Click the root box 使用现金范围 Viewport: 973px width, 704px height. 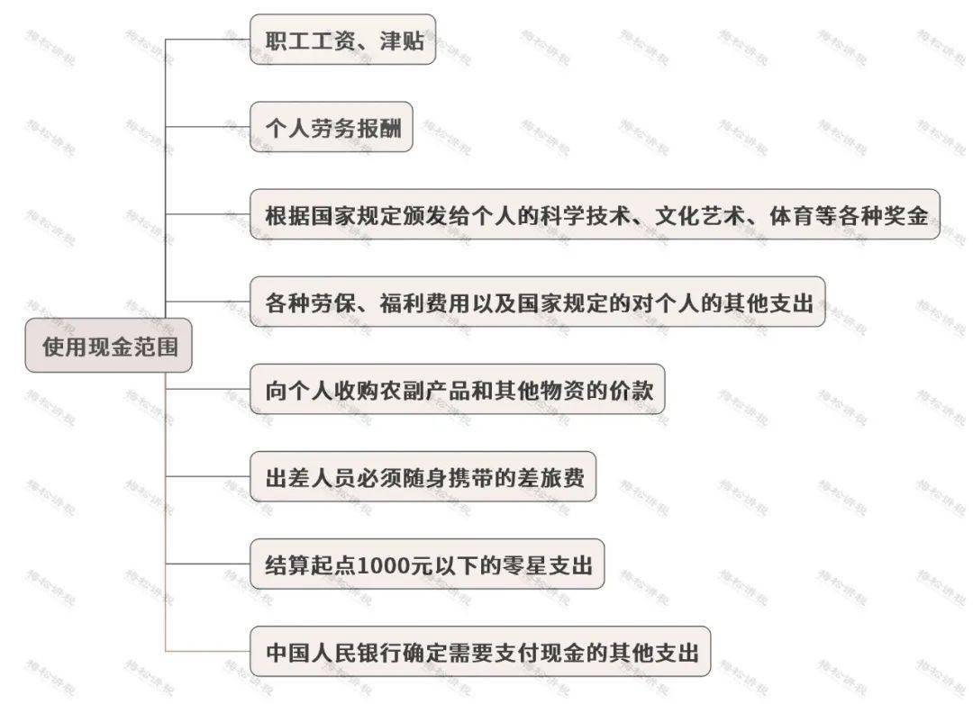tap(109, 346)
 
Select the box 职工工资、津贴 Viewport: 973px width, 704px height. tap(342, 40)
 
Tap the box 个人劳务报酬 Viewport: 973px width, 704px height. tap(332, 127)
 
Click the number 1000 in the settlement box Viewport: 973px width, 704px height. tap(381, 565)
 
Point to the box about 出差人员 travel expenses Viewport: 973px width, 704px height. tap(423, 477)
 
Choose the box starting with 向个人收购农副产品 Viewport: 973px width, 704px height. tap(458, 390)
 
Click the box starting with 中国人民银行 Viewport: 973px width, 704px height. tap(480, 652)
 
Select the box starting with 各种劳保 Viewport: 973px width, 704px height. tap(537, 302)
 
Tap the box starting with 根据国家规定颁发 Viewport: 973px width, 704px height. tap(596, 214)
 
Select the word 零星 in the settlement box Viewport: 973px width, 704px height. tap(524, 565)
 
